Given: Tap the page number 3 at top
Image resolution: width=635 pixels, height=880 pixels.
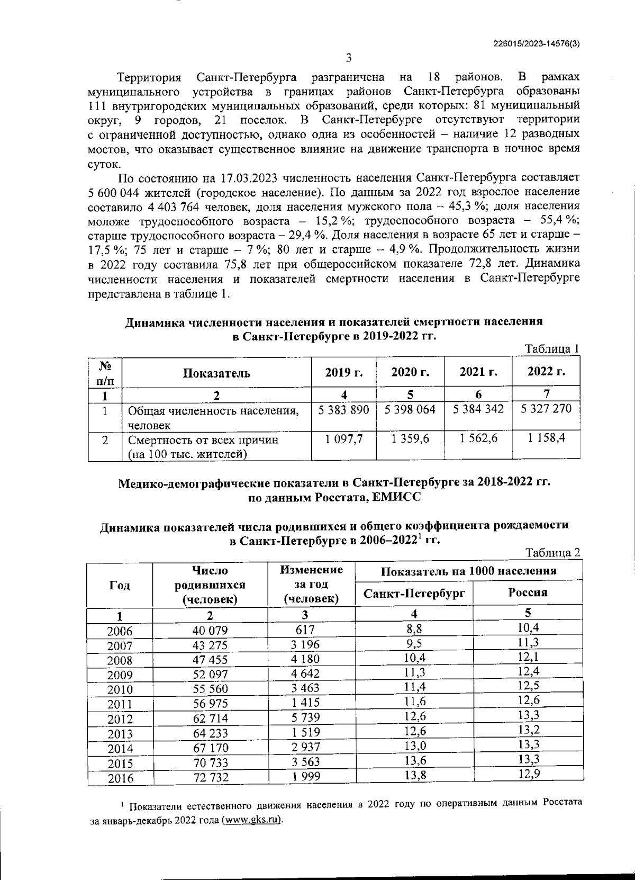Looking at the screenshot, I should pos(349,58).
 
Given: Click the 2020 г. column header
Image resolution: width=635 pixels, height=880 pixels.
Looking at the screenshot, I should pos(410,372).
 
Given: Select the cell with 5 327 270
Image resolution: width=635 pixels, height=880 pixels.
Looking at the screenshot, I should pos(546,409).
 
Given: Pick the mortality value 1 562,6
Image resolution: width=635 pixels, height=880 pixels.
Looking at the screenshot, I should pos(478,438).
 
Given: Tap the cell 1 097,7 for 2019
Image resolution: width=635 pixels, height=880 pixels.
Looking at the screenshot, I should pos(343,438).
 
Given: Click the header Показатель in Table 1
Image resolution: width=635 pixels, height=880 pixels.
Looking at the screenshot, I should pos(216,373).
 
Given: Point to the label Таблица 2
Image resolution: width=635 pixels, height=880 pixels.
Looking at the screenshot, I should pos(552,552).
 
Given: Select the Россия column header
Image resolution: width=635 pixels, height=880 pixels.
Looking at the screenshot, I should pos(528,592).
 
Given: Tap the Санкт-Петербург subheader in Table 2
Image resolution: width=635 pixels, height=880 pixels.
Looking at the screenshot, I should pos(414,593).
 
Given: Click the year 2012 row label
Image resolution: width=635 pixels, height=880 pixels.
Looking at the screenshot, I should pos(120,719).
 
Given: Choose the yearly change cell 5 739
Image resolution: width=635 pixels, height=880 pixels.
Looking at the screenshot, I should pos(305,718).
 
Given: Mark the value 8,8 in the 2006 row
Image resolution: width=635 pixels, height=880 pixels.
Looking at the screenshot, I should pos(414,628).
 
